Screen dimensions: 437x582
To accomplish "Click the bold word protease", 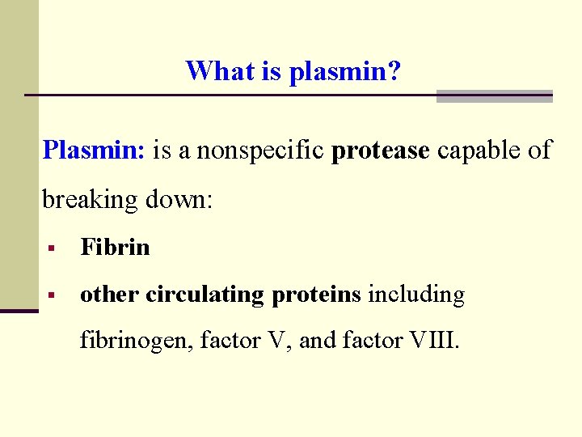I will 380,151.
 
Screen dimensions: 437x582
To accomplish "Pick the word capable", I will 475,151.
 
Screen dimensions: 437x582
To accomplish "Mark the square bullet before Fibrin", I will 51,248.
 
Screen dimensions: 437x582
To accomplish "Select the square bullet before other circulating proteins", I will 51,296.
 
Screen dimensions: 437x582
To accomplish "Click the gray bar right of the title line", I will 494,96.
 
